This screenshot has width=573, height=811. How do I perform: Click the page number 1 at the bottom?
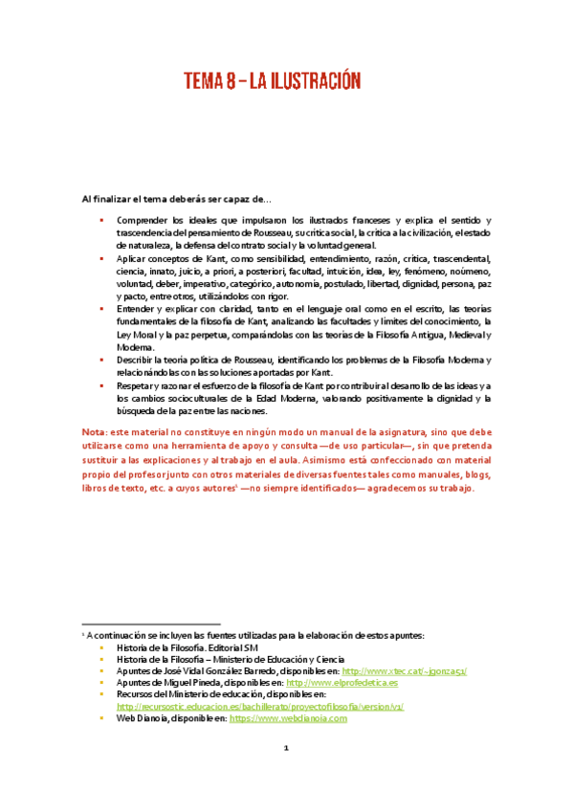pyautogui.click(x=285, y=776)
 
